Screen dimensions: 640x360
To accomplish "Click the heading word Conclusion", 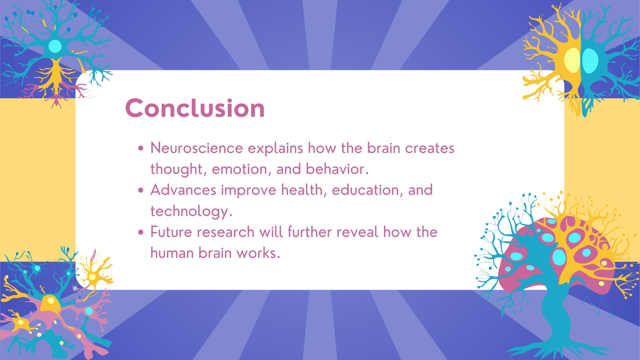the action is (195, 108).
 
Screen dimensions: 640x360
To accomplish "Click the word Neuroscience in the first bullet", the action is (196, 148).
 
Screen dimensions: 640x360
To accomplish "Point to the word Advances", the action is (183, 190).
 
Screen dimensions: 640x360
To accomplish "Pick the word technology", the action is (191, 212).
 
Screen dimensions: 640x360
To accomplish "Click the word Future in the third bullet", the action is (170, 232).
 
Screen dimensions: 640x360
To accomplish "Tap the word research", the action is (225, 232).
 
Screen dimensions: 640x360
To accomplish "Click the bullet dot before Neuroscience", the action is (140, 148).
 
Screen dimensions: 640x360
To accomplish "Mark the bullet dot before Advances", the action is (140, 190).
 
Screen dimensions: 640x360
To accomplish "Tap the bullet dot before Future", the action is (140, 232).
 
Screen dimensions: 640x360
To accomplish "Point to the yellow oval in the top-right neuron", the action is (572, 60).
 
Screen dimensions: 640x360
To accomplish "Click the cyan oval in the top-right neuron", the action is (590, 60).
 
